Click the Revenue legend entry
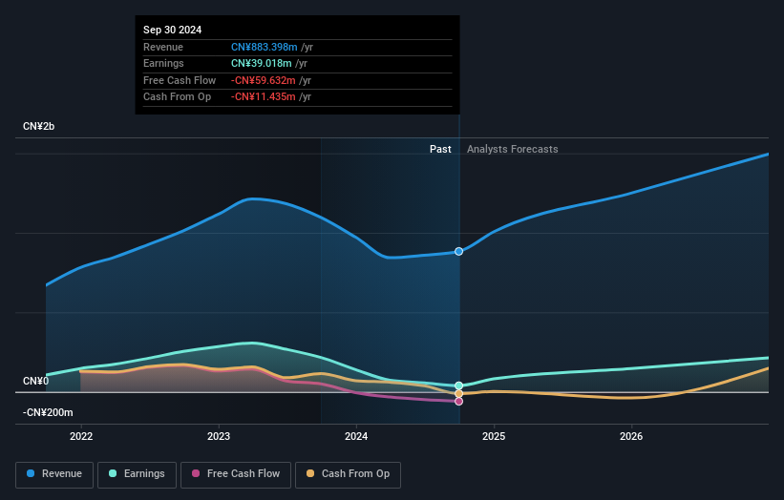[x=54, y=473]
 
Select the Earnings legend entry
[x=137, y=473]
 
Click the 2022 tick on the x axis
[x=81, y=437]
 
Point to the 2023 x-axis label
[x=219, y=437]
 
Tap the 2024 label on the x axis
[x=356, y=437]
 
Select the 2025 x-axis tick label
[x=494, y=437]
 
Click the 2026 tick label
[x=631, y=437]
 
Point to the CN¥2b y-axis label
[x=39, y=127]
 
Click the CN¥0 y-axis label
[x=36, y=382]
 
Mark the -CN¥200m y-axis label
[x=48, y=412]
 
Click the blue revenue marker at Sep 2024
[x=459, y=252]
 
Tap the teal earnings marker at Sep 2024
[x=459, y=385]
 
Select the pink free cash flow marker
[x=459, y=402]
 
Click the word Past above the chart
[x=440, y=149]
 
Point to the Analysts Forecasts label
[x=512, y=149]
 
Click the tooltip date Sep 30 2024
[x=173, y=31]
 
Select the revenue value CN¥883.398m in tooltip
[x=265, y=48]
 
